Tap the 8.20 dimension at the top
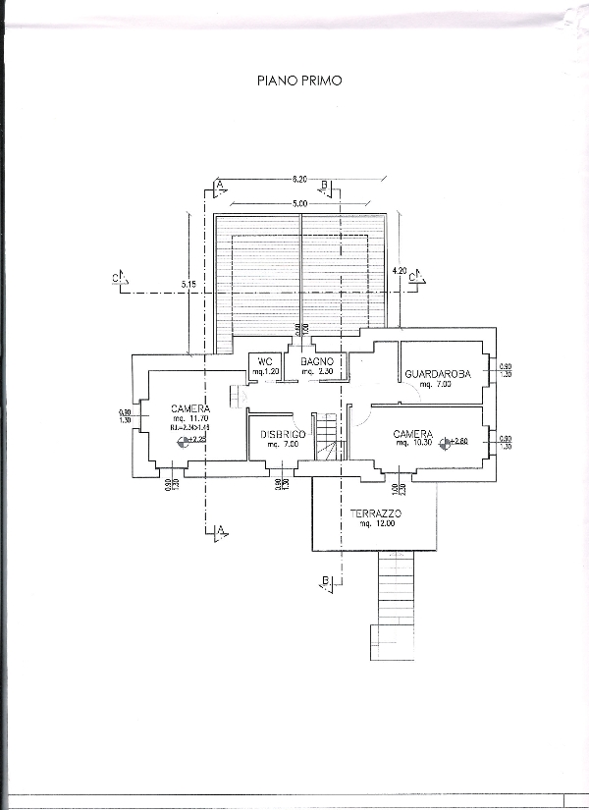[299, 180]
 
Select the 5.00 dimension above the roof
[299, 202]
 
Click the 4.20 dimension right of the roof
[399, 270]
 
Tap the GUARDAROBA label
[439, 374]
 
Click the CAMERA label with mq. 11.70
[189, 408]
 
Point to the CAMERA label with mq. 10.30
[413, 433]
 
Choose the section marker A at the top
[221, 184]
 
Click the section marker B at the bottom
[324, 581]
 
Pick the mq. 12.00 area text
[377, 524]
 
